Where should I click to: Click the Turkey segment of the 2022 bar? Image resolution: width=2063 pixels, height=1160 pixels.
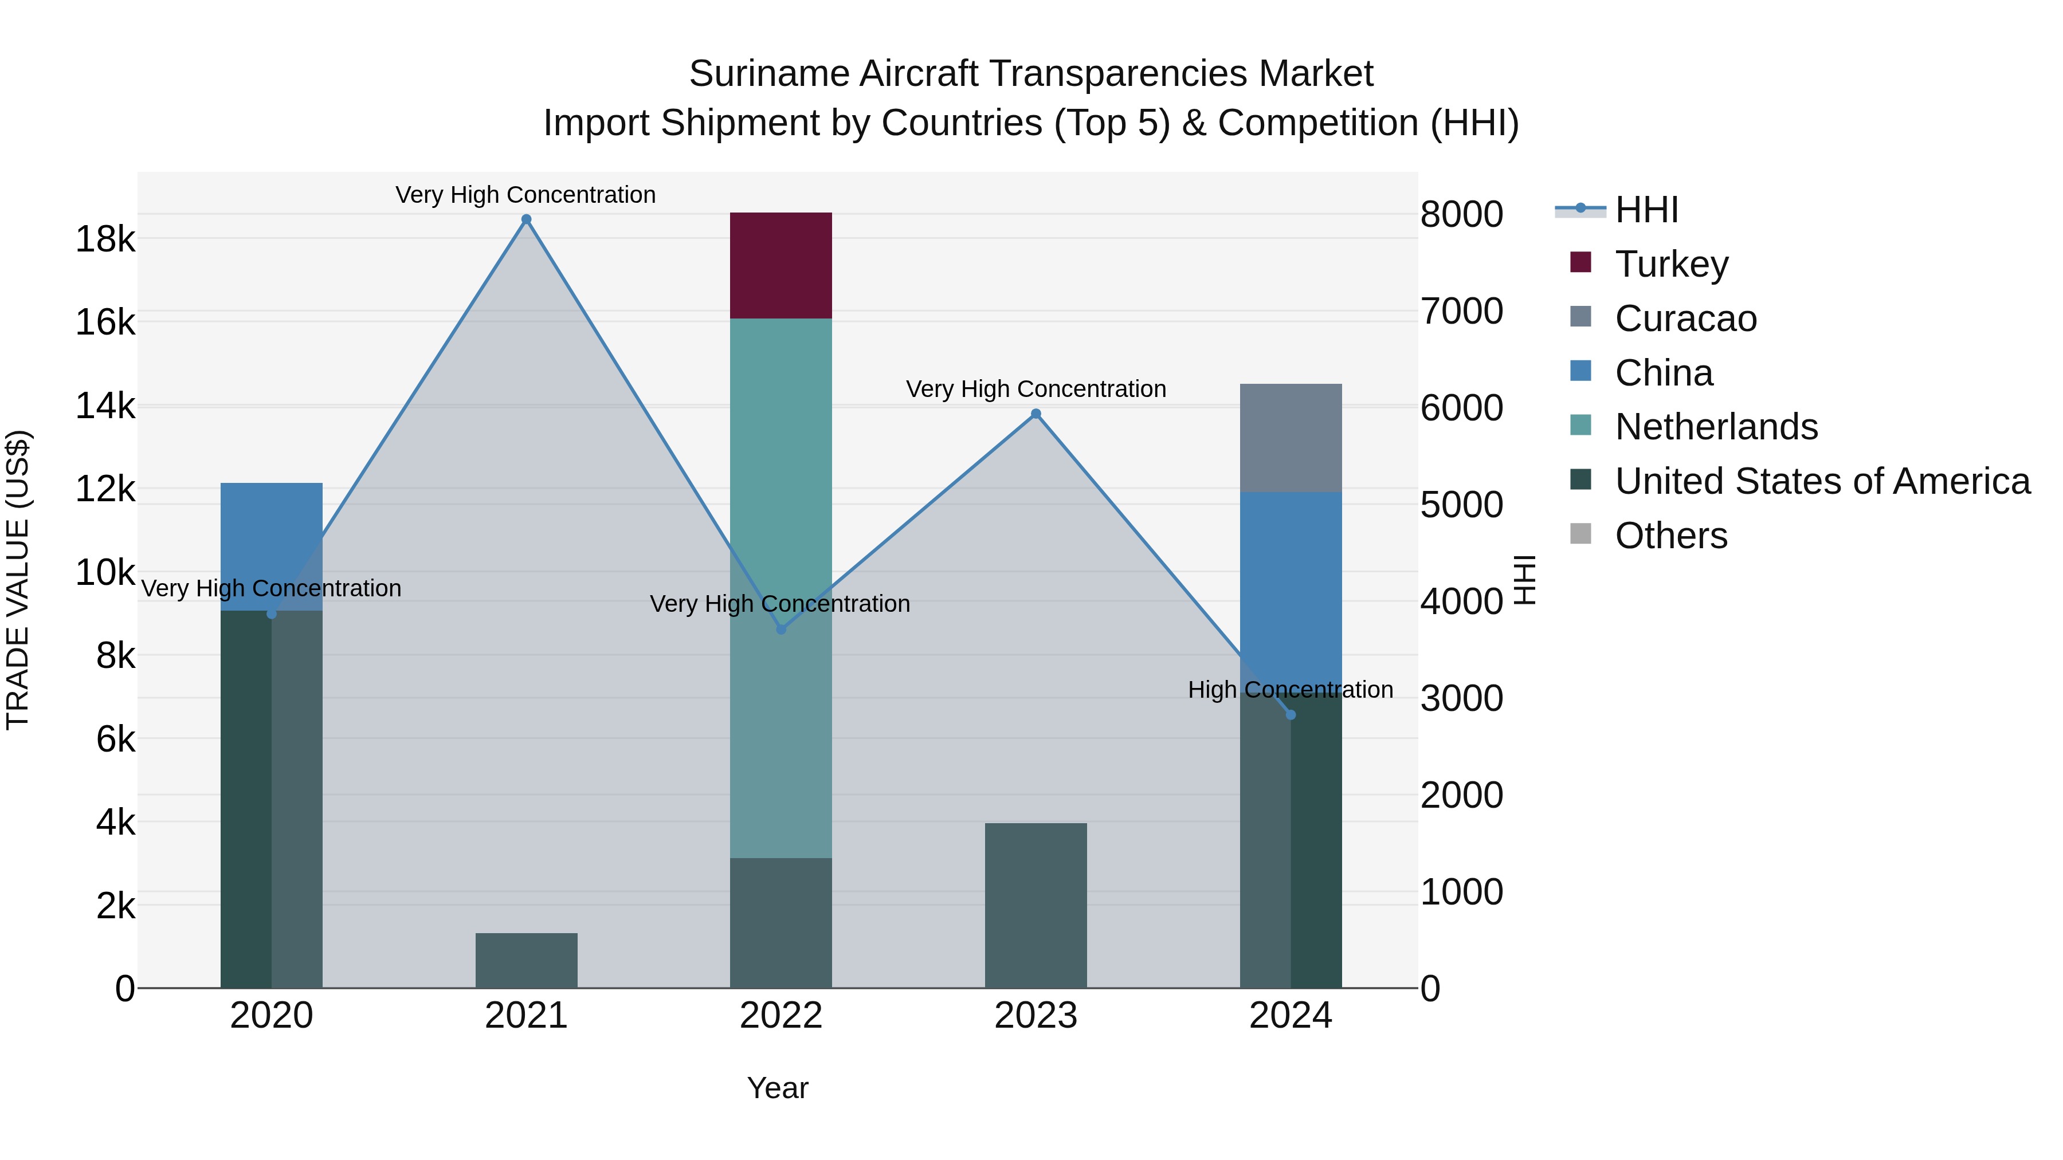(781, 266)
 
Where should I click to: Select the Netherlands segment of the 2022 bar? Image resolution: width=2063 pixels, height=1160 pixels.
(781, 481)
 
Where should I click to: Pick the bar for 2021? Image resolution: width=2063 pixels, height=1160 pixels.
(526, 960)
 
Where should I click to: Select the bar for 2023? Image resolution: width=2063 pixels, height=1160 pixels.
(1036, 905)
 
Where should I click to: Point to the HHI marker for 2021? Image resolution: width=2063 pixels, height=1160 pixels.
(526, 219)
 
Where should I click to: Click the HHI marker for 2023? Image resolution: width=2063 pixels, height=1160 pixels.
(1036, 414)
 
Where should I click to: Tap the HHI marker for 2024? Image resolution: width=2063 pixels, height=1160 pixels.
(1290, 715)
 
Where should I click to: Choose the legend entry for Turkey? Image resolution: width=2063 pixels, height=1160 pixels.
(1672, 264)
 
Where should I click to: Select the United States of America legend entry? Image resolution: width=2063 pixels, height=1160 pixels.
(1822, 481)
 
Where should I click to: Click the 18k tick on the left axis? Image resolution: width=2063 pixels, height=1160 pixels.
(105, 238)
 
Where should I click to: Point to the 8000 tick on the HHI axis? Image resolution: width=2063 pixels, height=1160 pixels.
(1461, 215)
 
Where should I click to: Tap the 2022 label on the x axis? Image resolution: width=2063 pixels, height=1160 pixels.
(781, 1016)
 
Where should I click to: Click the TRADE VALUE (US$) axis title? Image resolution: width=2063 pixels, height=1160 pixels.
(18, 580)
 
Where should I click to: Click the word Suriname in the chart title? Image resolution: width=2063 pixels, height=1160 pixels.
(768, 74)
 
